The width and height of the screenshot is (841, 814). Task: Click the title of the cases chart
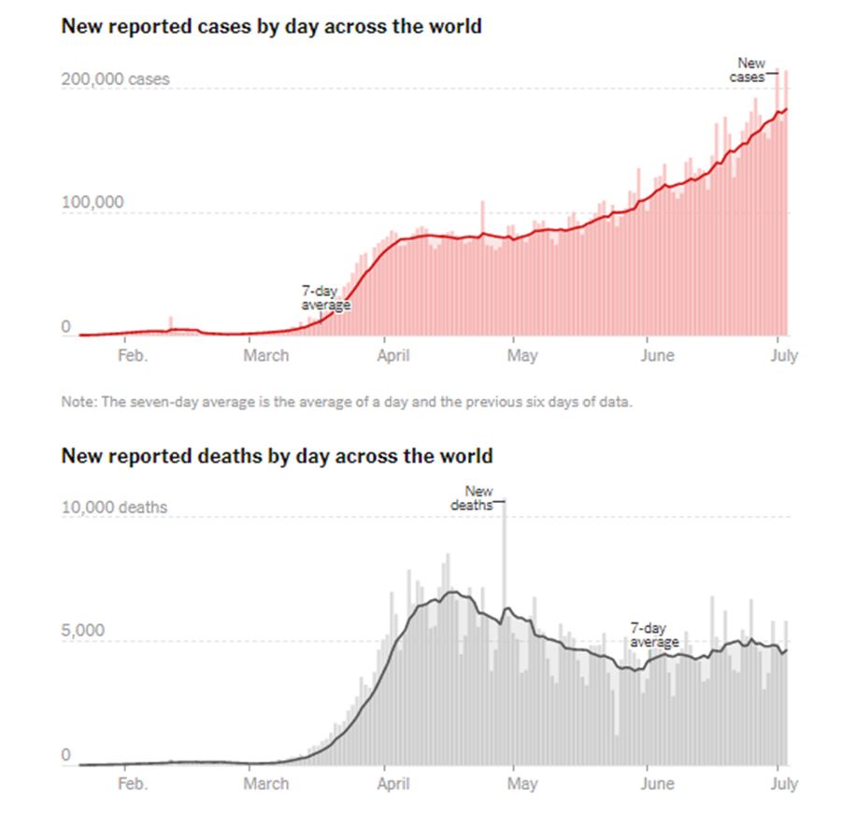click(271, 26)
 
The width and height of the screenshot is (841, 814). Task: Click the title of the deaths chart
click(277, 456)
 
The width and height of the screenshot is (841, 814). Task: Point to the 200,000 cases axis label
click(116, 79)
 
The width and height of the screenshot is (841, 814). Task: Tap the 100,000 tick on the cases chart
click(93, 203)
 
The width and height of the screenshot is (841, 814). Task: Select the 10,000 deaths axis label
click(115, 507)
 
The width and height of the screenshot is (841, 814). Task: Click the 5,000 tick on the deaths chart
click(83, 631)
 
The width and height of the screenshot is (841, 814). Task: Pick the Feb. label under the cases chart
click(132, 355)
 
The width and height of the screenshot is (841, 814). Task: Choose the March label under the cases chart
click(266, 355)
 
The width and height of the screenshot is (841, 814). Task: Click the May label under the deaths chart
click(521, 784)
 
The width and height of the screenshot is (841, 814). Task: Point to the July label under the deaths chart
click(783, 784)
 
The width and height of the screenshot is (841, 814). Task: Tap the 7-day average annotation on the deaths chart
click(654, 635)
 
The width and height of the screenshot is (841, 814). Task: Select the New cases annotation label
click(749, 70)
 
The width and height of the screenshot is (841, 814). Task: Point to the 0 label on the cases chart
click(66, 326)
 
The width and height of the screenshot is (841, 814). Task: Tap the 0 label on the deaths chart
click(66, 755)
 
